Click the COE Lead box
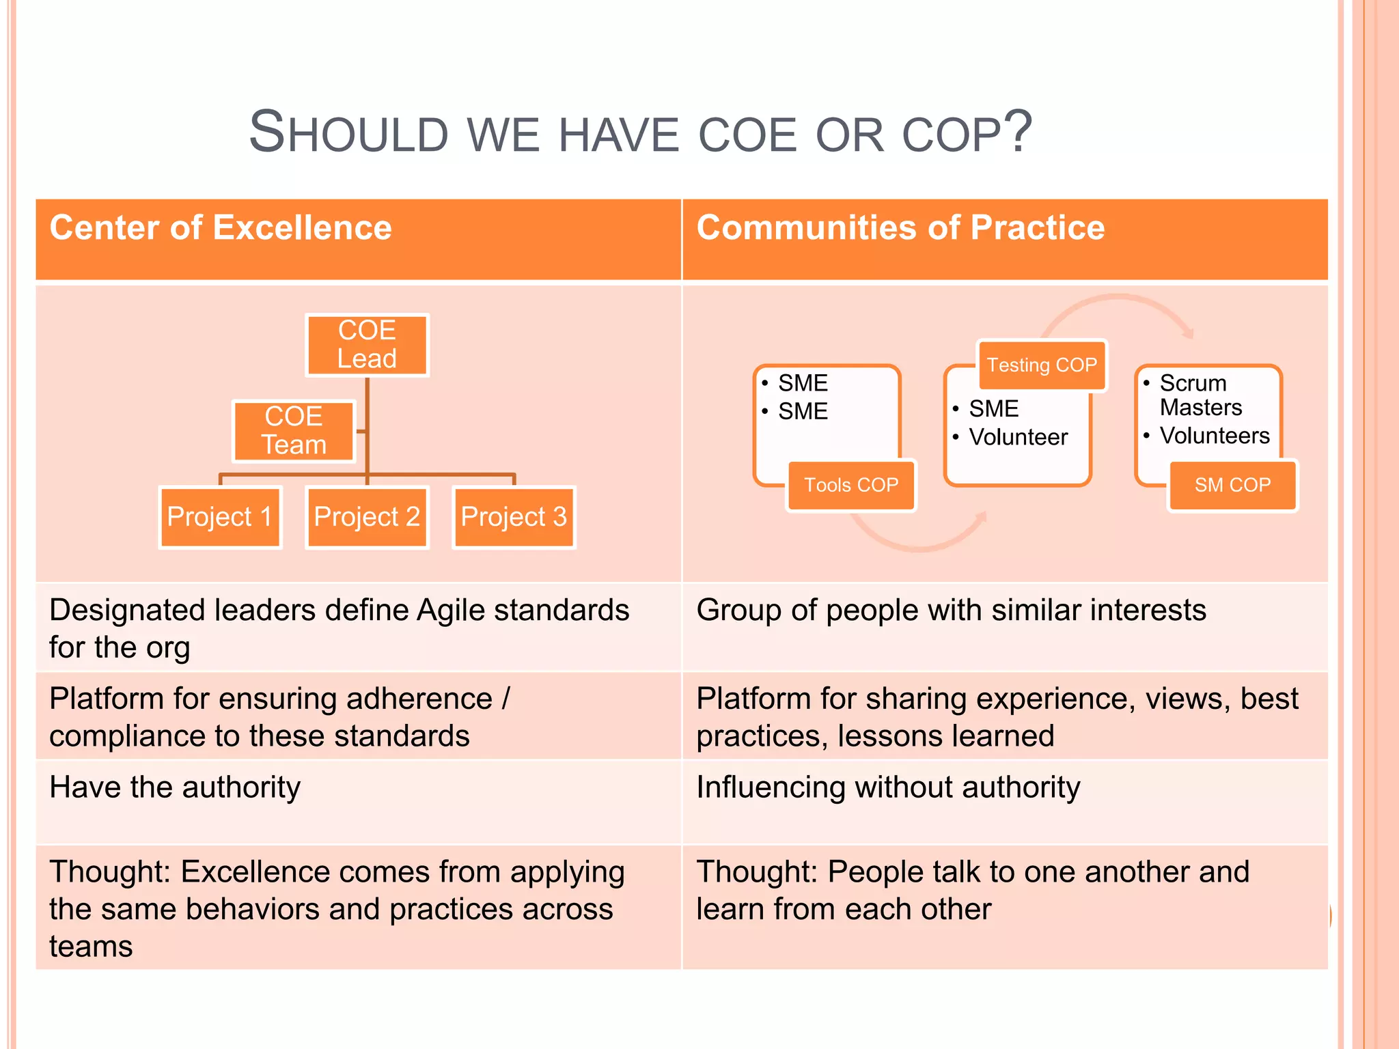click(367, 345)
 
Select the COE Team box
click(294, 431)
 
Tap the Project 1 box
click(220, 517)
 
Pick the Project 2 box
click(367, 517)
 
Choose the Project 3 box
click(514, 517)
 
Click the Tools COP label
click(851, 486)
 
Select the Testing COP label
click(1042, 365)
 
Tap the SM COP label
click(1232, 486)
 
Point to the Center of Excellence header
click(221, 227)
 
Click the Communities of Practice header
click(900, 227)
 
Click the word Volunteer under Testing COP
click(1018, 437)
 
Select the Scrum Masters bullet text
click(1200, 395)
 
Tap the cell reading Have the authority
click(175, 787)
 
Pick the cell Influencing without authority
click(888, 787)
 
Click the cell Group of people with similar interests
click(951, 610)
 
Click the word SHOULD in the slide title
click(348, 132)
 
